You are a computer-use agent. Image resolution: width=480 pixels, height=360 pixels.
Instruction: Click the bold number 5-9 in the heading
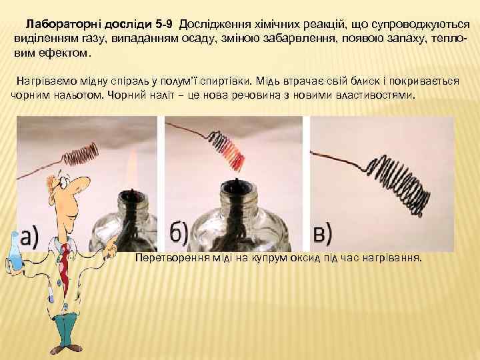pyautogui.click(x=164, y=25)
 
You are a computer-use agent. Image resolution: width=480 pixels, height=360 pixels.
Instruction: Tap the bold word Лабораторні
pyautogui.click(x=64, y=25)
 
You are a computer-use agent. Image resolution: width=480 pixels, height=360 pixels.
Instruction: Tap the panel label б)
pyautogui.click(x=179, y=234)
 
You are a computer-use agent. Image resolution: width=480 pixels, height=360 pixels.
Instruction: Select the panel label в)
pyautogui.click(x=323, y=234)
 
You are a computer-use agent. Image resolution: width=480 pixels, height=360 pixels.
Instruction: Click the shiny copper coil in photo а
pyautogui.click(x=81, y=154)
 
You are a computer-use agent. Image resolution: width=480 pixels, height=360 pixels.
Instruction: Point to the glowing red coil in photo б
pyautogui.click(x=228, y=149)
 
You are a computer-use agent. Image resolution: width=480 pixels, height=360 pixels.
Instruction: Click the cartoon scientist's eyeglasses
pyautogui.click(x=63, y=181)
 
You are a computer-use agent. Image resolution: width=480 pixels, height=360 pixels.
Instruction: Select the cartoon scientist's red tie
pyautogui.click(x=65, y=267)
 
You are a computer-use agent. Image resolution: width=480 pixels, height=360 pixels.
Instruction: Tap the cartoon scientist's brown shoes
pyautogui.click(x=66, y=349)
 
